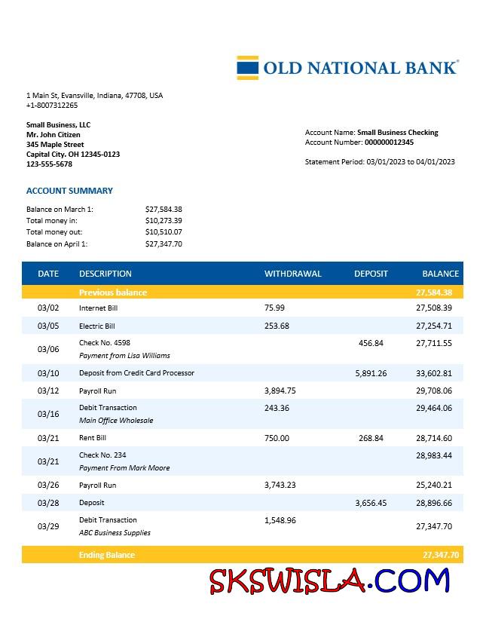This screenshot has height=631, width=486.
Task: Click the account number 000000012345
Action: pos(389,142)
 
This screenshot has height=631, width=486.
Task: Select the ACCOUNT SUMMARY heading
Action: pos(69,191)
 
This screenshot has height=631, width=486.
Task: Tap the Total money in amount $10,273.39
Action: pos(164,221)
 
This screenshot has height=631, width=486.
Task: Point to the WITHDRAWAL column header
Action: pos(292,274)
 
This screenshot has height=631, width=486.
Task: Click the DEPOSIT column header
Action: pos(371,274)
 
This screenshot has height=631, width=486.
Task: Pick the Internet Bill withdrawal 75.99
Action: pos(275,308)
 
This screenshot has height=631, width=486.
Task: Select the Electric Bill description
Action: pos(96,326)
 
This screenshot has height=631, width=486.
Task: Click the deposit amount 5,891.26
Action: pos(371,373)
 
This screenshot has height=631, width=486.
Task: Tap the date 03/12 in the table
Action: pos(47,391)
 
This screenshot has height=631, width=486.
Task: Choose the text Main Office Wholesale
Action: pos(115,420)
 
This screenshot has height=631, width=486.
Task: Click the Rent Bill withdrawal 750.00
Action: pos(277,438)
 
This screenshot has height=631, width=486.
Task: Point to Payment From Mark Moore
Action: pos(124,467)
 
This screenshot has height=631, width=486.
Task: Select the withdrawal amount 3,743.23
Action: pos(280,485)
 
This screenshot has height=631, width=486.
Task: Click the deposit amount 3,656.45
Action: pos(371,502)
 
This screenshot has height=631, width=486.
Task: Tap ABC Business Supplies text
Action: pos(115,532)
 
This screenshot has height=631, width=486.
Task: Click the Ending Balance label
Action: pos(107,555)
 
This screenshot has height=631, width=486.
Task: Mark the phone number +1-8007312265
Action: pos(52,106)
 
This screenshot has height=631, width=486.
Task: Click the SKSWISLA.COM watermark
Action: pos(330,581)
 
